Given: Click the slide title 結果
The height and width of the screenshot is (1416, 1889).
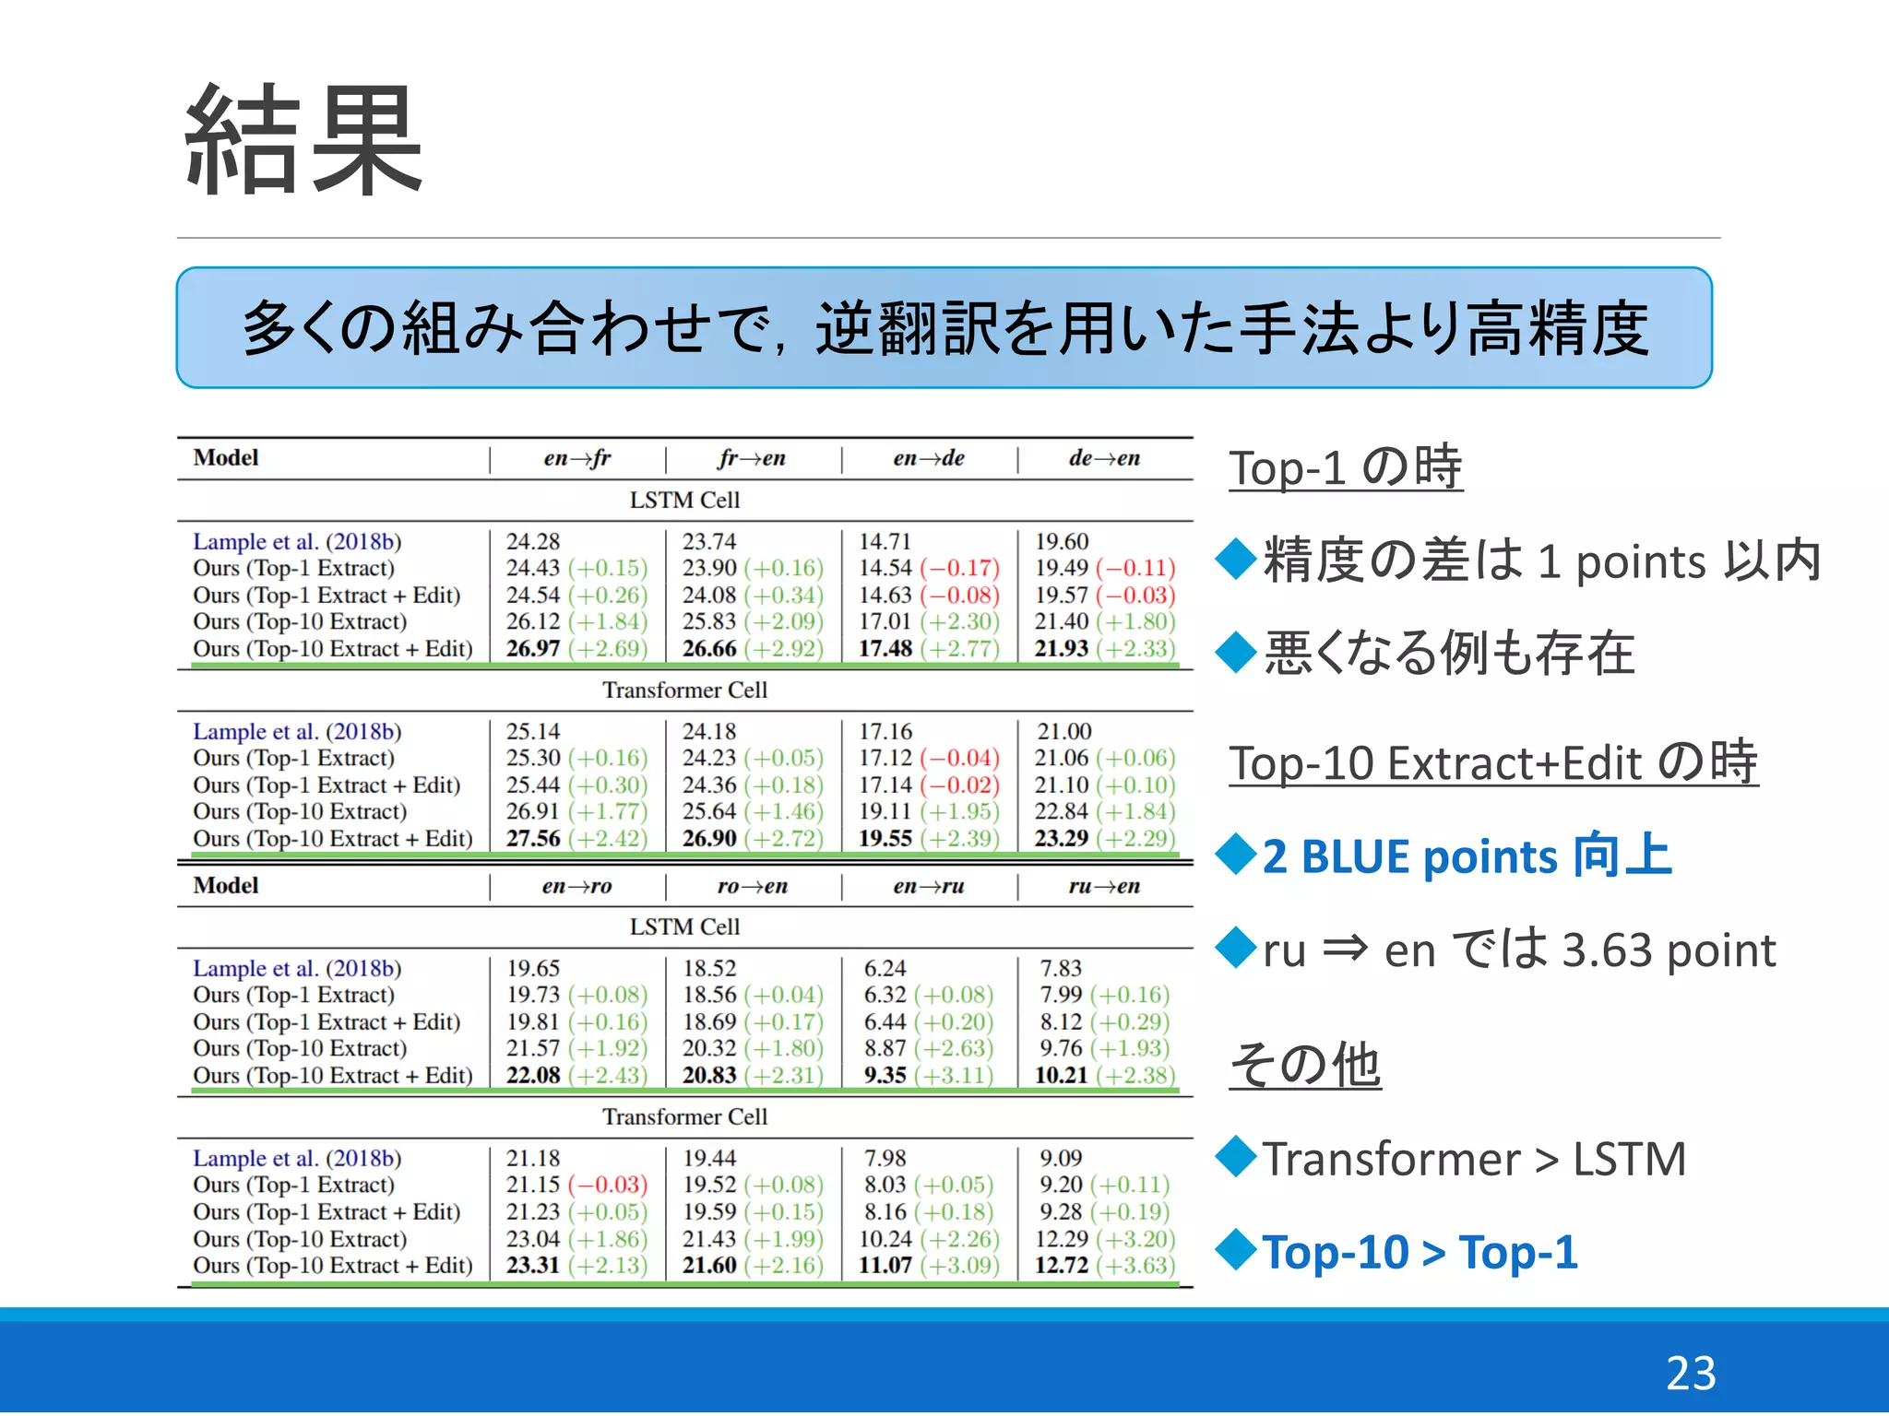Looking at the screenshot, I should [303, 140].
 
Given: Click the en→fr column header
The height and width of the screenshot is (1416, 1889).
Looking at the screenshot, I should [576, 458].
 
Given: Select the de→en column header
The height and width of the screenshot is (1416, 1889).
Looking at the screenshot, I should [1104, 458].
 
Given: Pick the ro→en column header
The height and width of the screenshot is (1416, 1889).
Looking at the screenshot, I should [752, 886].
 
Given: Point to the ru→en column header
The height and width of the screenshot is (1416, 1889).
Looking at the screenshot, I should [1104, 886].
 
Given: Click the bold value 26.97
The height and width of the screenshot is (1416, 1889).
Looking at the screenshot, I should [533, 648].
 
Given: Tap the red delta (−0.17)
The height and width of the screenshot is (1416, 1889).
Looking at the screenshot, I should [959, 568].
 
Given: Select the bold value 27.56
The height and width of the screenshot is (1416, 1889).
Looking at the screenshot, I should [533, 838].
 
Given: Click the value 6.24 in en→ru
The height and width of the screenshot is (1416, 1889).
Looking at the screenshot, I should [885, 968].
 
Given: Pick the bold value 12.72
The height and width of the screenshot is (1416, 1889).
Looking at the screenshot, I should [1061, 1265].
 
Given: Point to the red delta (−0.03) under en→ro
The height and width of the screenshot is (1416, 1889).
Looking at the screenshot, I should [608, 1185].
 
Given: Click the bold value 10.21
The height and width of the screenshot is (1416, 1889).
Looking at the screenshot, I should [1061, 1075].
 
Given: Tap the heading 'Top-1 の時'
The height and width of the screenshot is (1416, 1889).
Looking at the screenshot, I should [1345, 467].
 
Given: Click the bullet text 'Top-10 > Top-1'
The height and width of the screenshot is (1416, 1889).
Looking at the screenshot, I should [1420, 1252].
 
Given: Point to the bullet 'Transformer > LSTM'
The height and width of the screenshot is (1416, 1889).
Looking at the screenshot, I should [1474, 1159].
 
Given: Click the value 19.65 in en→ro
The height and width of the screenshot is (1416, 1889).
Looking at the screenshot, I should [533, 968].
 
